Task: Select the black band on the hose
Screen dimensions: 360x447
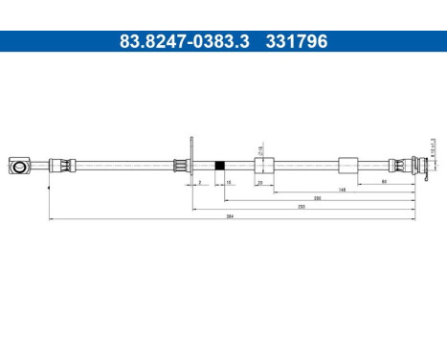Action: click(221, 165)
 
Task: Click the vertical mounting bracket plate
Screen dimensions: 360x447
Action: click(193, 164)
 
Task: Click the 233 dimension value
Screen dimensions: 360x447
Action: click(301, 206)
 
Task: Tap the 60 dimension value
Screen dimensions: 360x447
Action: click(384, 180)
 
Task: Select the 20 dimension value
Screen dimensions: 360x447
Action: click(260, 180)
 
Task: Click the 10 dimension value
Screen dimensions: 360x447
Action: click(229, 180)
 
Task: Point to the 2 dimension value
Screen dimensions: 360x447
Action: click(198, 180)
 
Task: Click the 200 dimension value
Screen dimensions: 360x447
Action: click(317, 197)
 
